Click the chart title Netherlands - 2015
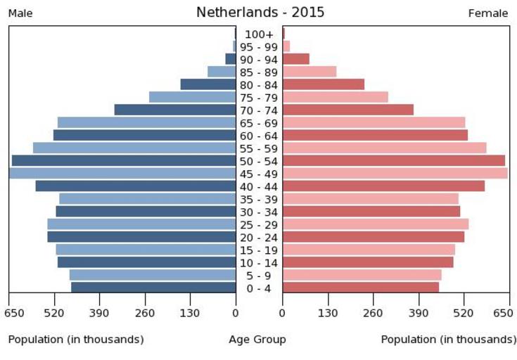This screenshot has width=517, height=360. tap(260, 13)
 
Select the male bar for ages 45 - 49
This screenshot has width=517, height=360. tap(122, 174)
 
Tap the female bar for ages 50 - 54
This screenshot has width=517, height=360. tap(394, 161)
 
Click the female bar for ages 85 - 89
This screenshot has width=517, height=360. tap(309, 72)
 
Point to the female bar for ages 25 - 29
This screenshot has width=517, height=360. tap(376, 224)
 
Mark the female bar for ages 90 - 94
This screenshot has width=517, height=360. tap(296, 59)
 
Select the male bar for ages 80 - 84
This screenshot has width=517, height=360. tap(208, 84)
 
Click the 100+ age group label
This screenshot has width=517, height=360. tap(259, 34)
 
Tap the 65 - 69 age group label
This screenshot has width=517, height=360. tap(259, 123)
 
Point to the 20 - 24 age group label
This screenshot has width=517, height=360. tap(259, 238)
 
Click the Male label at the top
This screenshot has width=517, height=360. tap(21, 13)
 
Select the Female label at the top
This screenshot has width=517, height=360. tap(488, 13)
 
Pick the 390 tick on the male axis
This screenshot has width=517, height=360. tap(100, 313)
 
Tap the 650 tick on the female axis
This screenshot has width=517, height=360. tap(503, 313)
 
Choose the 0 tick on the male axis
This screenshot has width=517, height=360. tap(236, 313)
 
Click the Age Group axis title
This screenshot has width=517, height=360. tap(257, 340)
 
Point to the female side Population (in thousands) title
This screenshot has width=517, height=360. tap(448, 340)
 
